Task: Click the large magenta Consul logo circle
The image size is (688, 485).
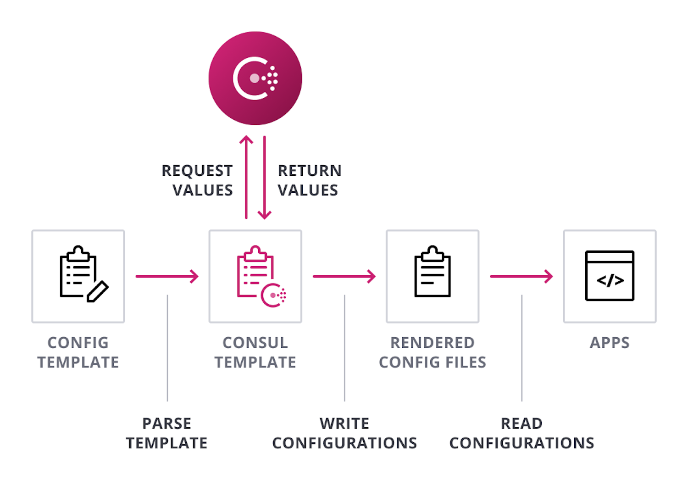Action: pyautogui.click(x=255, y=78)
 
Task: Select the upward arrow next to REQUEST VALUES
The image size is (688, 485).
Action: pyautogui.click(x=246, y=177)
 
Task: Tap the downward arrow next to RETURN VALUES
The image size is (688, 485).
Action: pyautogui.click(x=265, y=177)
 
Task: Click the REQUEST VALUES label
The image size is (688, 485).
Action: pyautogui.click(x=198, y=180)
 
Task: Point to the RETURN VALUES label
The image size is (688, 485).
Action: pyautogui.click(x=309, y=180)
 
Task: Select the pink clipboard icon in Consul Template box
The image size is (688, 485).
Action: pyautogui.click(x=260, y=276)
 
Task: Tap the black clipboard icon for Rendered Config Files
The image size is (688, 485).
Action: pyautogui.click(x=433, y=273)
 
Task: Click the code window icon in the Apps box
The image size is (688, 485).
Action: pyautogui.click(x=610, y=276)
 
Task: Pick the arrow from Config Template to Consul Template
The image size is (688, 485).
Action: pyautogui.click(x=167, y=276)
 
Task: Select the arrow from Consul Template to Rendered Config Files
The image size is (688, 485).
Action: pyautogui.click(x=344, y=276)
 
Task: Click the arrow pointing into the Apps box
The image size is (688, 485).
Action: pyautogui.click(x=521, y=276)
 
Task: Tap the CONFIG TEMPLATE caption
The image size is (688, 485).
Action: pyautogui.click(x=78, y=352)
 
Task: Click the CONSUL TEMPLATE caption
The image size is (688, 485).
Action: pyautogui.click(x=255, y=352)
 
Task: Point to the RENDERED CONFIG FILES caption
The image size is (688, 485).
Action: pyautogui.click(x=433, y=352)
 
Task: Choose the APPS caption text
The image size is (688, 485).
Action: pyautogui.click(x=610, y=343)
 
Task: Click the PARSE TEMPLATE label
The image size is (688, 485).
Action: pyautogui.click(x=167, y=433)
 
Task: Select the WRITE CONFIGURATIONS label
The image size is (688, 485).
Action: pyautogui.click(x=344, y=433)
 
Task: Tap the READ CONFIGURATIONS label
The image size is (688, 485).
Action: pyautogui.click(x=522, y=433)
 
